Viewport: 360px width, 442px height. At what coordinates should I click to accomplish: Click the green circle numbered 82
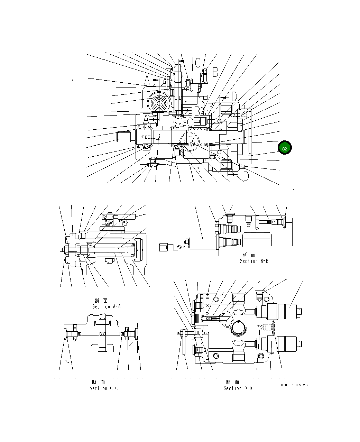(285, 148)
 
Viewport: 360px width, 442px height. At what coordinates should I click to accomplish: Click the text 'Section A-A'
(107, 306)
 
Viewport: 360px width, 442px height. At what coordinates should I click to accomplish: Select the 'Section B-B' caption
(254, 261)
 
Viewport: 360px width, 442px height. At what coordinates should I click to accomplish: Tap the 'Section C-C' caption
(104, 388)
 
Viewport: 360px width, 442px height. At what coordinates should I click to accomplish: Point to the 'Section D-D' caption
(238, 388)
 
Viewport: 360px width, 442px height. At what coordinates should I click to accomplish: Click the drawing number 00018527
(295, 385)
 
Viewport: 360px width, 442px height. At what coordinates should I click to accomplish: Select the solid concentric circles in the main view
(159, 103)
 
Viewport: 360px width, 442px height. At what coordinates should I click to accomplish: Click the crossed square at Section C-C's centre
(102, 334)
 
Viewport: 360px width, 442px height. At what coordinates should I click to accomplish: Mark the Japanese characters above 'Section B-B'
(249, 255)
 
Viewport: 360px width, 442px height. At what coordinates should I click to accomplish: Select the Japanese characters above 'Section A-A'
(102, 301)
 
